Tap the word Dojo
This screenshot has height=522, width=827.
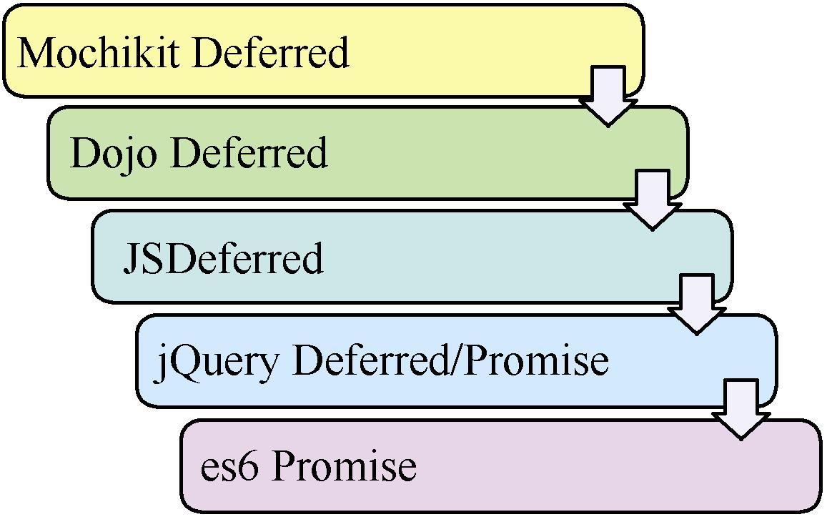[113, 153]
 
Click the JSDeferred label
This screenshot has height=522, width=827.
[223, 258]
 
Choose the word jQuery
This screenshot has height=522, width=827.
[217, 361]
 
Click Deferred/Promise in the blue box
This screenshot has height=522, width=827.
[451, 360]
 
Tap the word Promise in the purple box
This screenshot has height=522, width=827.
[345, 466]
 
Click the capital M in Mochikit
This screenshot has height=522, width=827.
[34, 52]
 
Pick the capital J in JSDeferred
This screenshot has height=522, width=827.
[131, 259]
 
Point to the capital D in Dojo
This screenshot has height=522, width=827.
[84, 152]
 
